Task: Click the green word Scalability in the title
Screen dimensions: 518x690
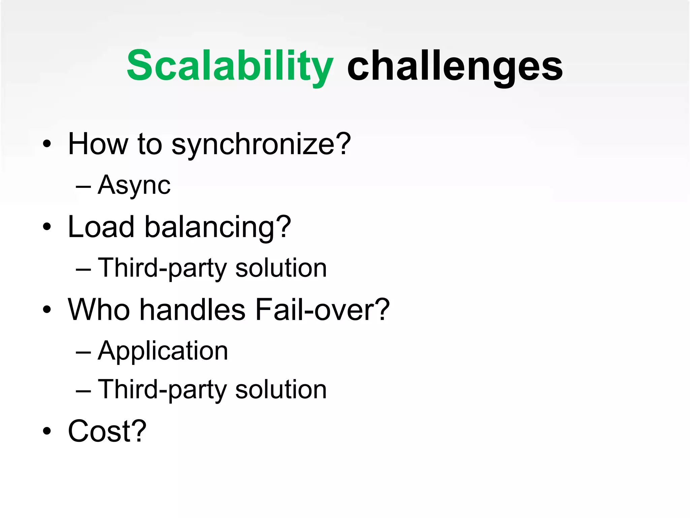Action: (x=230, y=66)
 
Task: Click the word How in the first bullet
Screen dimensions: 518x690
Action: (x=98, y=144)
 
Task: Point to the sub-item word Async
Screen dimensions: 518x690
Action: (x=134, y=186)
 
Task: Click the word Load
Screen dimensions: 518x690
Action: (x=101, y=227)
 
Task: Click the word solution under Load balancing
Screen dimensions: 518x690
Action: (x=281, y=268)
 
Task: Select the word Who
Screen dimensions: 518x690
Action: (x=99, y=310)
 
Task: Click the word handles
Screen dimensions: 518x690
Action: (x=192, y=310)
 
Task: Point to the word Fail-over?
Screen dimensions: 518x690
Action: (x=322, y=310)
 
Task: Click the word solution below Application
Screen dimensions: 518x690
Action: (x=281, y=390)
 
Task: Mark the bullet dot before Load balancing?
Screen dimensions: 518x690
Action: (x=47, y=227)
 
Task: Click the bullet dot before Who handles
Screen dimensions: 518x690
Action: (x=47, y=309)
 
